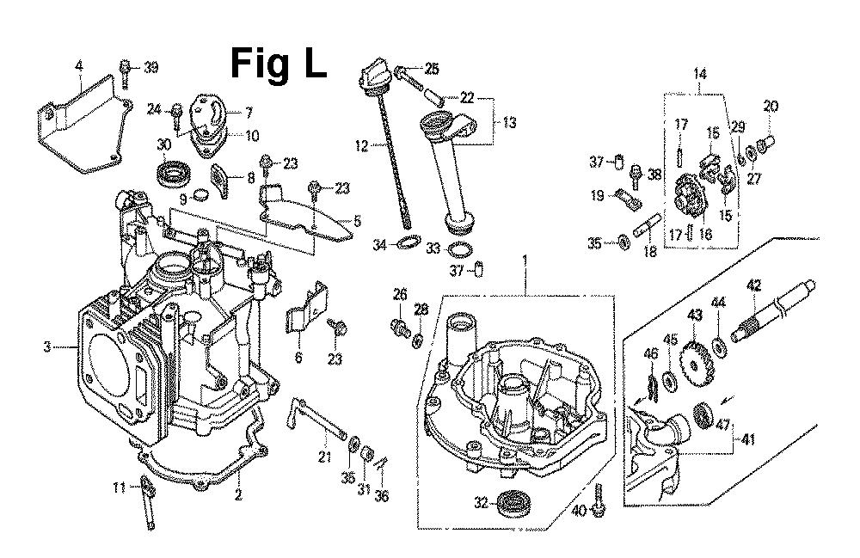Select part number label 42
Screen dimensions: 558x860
pos(754,285)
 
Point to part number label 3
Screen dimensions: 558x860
pos(47,347)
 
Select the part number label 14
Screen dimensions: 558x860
pos(699,75)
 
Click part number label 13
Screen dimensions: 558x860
pos(509,123)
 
